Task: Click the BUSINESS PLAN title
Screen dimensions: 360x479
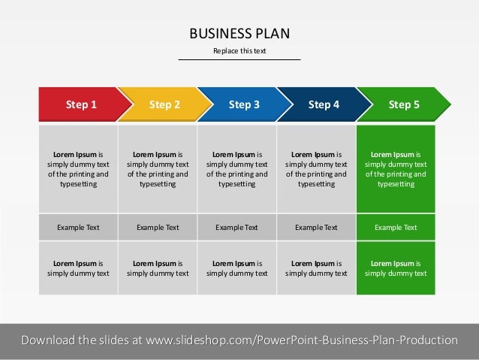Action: click(x=239, y=33)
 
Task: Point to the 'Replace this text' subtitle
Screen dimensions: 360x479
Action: click(x=239, y=51)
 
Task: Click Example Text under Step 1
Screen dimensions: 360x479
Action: click(x=78, y=227)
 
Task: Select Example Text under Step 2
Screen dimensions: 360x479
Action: click(x=158, y=227)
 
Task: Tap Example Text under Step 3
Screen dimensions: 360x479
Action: click(x=236, y=227)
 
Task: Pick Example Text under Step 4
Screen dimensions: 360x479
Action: click(x=316, y=227)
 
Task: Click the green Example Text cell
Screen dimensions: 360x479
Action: click(x=396, y=227)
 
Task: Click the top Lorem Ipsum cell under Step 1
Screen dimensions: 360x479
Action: click(x=78, y=169)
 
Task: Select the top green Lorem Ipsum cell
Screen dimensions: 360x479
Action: click(x=396, y=169)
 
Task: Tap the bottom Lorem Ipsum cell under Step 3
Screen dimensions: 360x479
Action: click(x=236, y=268)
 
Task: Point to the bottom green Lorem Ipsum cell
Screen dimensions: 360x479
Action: click(x=396, y=268)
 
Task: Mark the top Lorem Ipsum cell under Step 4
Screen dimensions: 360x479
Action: click(x=316, y=169)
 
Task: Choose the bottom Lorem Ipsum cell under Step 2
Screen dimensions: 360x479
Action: click(x=158, y=268)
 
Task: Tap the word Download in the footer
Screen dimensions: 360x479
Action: click(x=47, y=340)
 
